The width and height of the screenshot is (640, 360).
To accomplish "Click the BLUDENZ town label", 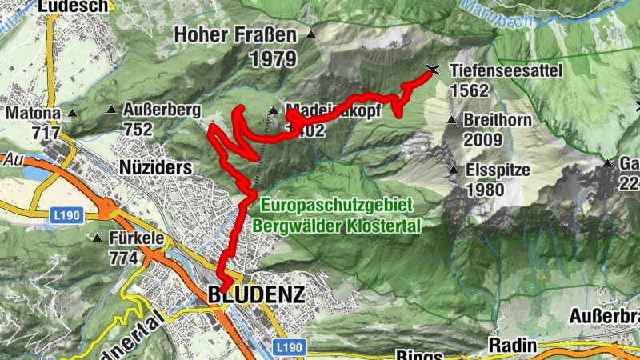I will tap(256, 294).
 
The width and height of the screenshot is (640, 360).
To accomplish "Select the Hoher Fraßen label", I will tap(235, 35).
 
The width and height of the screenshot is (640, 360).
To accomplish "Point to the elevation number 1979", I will tap(273, 59).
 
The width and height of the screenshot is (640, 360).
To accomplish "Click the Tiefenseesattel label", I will tap(506, 70).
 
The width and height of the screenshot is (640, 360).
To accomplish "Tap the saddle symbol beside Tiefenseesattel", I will tap(433, 70).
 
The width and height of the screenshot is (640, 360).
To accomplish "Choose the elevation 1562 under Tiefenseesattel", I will tap(469, 90).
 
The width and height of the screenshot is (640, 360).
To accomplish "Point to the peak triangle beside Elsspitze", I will tap(454, 170).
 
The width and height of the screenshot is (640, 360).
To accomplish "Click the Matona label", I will tap(34, 113).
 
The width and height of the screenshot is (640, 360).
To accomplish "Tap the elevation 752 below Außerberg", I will tap(138, 130).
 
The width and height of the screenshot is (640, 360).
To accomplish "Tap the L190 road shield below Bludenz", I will tap(290, 347).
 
